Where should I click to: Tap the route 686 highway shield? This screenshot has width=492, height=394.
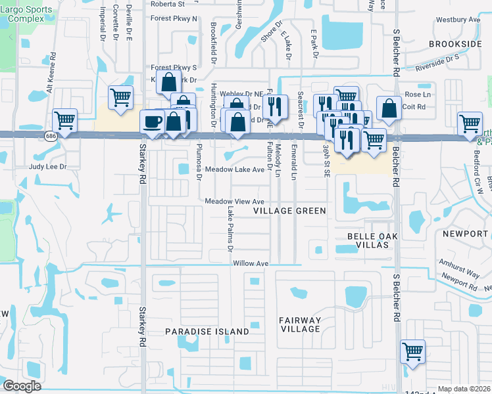point(51,135)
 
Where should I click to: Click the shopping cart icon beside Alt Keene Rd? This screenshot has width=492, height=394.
point(65,121)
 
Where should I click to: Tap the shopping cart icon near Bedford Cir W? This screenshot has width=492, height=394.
point(470,123)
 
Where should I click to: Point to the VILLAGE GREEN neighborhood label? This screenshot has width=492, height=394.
point(290,211)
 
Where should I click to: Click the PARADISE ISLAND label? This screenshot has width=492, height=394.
point(207,332)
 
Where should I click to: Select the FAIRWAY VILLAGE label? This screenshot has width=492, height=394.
point(300,325)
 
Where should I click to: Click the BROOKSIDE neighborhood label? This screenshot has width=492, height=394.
point(455,44)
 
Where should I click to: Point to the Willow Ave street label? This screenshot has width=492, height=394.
point(251,263)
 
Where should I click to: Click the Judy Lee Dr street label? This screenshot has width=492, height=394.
point(48,167)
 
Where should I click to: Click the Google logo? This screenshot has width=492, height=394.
point(22,386)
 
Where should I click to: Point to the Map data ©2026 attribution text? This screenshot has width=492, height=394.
point(464,389)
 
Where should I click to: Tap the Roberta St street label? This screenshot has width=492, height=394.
point(168,4)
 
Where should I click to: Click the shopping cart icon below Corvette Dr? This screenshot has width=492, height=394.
point(121,98)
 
